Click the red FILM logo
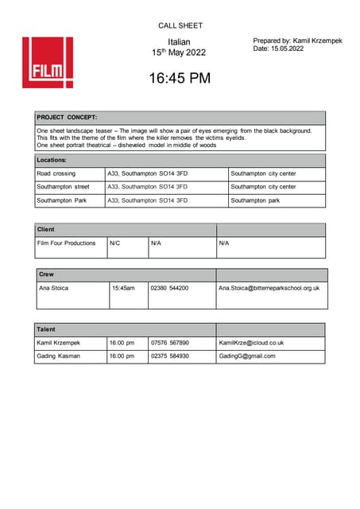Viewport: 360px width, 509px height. (48, 62)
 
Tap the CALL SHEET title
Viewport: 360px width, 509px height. (180, 25)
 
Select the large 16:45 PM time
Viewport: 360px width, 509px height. (180, 78)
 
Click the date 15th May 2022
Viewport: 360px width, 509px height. (180, 52)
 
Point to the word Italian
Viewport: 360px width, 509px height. (180, 41)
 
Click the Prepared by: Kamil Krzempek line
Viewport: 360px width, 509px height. (297, 41)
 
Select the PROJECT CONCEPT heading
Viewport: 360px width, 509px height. (67, 117)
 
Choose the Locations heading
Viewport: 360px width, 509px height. (56, 160)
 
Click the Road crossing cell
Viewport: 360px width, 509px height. (56, 173)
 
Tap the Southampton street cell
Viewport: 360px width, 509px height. (64, 187)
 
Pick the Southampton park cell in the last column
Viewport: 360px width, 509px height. (255, 200)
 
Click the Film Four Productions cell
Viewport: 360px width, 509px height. (67, 243)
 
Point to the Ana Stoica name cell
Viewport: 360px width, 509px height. (58, 288)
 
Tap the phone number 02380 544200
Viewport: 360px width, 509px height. (169, 288)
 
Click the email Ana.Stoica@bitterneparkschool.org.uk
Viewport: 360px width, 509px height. (269, 288)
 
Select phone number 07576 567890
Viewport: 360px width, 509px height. (169, 343)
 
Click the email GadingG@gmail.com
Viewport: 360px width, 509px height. (247, 356)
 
